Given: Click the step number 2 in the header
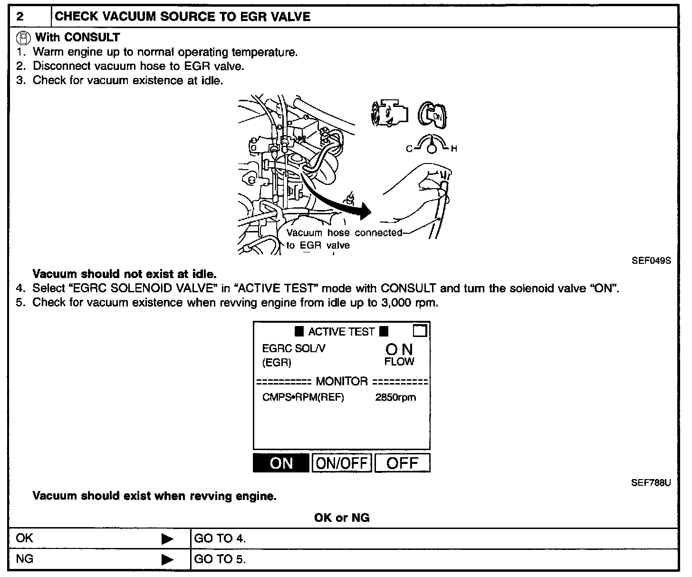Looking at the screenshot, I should (19, 17).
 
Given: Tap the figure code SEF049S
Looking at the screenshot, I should (651, 260).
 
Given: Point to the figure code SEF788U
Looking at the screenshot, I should (651, 483).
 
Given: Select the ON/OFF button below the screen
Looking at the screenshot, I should (342, 463).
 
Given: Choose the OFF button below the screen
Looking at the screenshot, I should (402, 463).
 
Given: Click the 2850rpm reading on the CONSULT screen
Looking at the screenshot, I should (395, 397).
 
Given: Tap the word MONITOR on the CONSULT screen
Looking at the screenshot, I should (342, 381).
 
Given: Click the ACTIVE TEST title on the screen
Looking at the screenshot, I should (341, 331).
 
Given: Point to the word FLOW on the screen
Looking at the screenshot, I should (399, 362).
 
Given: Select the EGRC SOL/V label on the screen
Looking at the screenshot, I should (294, 348).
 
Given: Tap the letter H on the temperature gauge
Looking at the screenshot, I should (454, 149).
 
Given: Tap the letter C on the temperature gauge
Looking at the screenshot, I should (409, 149).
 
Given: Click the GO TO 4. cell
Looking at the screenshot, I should (220, 539).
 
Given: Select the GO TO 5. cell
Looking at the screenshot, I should (220, 559).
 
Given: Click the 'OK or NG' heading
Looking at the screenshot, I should (342, 518).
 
